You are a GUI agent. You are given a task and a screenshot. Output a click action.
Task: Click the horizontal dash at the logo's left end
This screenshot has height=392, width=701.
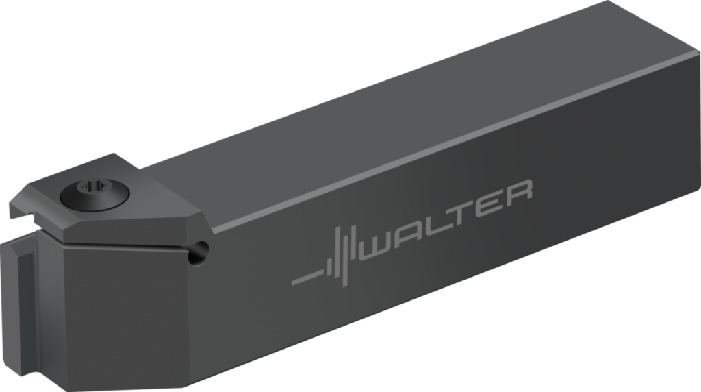click(x=305, y=278)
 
